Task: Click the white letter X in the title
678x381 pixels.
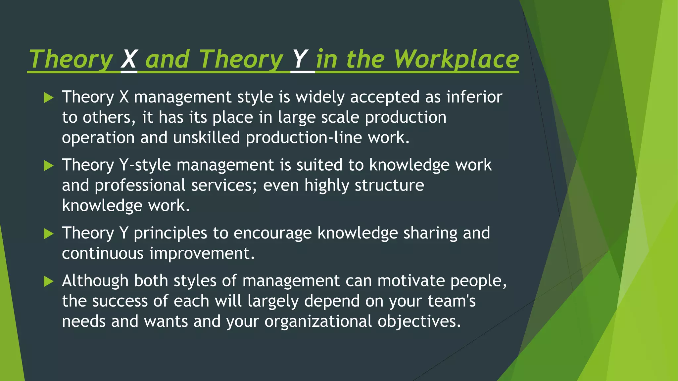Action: click(129, 60)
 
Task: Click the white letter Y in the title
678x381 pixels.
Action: click(300, 60)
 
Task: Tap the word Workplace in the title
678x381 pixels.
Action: click(456, 60)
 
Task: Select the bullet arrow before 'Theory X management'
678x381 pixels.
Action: click(48, 98)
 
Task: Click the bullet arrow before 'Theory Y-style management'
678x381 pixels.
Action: click(48, 166)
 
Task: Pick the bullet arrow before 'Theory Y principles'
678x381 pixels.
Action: click(48, 234)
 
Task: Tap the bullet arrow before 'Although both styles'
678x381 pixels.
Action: click(48, 281)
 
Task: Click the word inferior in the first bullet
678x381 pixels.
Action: click(474, 97)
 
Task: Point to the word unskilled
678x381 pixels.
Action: click(206, 138)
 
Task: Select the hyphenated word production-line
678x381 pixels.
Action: click(304, 138)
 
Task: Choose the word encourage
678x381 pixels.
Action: click(272, 233)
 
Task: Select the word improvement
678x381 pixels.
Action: click(202, 254)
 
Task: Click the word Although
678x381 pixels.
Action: click(95, 281)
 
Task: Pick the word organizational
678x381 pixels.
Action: click(318, 322)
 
